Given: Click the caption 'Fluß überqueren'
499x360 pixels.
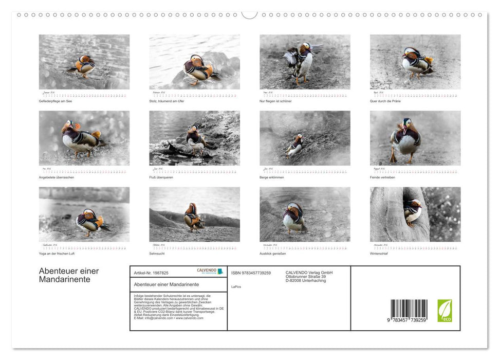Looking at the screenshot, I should click(x=161, y=177).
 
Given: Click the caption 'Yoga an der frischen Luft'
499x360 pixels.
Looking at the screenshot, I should click(x=57, y=254).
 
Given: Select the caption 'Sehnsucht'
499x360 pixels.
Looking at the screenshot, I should click(x=157, y=254).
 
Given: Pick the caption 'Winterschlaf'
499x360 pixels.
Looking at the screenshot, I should click(x=379, y=254).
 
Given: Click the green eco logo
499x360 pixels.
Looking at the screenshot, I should click(x=445, y=311).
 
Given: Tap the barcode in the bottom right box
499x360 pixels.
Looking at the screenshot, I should click(x=409, y=310).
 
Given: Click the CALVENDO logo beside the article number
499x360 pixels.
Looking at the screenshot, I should click(x=210, y=271).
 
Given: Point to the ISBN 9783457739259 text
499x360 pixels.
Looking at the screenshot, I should click(x=251, y=273).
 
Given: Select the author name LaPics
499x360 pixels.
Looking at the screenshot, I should click(x=236, y=286).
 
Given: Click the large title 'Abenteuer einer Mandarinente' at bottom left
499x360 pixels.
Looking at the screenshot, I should click(x=69, y=275).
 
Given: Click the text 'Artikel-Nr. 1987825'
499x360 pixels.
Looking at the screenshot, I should click(x=151, y=273).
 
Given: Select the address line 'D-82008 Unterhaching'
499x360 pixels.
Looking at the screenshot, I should click(x=306, y=281).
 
